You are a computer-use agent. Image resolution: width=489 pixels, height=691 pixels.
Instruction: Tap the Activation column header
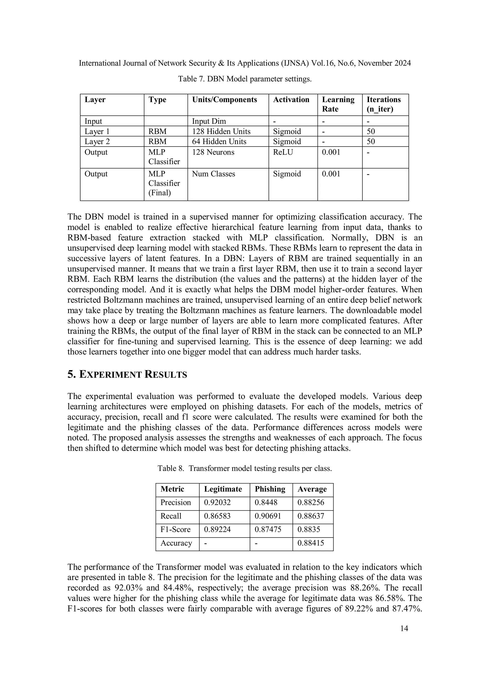coord(291,99)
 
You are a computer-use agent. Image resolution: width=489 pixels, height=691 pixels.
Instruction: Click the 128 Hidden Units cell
coord(221,131)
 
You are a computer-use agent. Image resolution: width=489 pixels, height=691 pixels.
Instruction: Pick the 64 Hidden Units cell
coord(219,141)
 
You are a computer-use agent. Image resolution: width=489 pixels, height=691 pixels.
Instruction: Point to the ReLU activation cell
coord(283,152)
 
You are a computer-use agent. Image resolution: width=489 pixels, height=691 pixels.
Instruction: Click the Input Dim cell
coord(209,121)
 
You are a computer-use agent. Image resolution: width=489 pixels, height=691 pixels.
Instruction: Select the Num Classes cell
coord(213,174)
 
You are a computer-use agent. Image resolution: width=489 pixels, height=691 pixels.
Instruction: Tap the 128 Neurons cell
coord(213,152)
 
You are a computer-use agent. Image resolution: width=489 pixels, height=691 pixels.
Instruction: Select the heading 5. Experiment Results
coord(127,375)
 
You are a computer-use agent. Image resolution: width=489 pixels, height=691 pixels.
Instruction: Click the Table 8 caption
coord(244,469)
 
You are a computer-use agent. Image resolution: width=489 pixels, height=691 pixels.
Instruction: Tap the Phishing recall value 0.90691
coord(268,516)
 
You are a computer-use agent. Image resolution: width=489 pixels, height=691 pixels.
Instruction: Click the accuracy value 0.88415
coord(310,543)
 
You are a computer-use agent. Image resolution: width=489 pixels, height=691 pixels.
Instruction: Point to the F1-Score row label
coord(175,529)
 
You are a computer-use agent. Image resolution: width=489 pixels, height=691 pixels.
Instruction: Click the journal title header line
coord(244,63)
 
